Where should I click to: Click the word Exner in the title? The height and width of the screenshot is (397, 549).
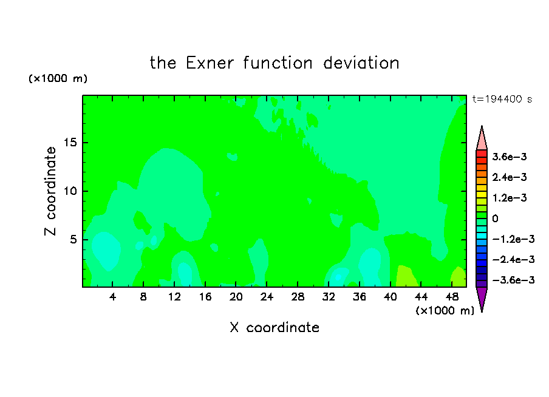click(x=210, y=63)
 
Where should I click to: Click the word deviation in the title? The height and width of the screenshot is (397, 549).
click(x=361, y=63)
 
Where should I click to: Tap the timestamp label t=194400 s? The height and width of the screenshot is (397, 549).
click(x=502, y=99)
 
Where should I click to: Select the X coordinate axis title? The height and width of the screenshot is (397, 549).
click(x=274, y=328)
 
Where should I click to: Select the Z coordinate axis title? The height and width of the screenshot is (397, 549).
click(x=50, y=191)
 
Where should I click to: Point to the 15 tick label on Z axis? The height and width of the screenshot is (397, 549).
click(x=70, y=143)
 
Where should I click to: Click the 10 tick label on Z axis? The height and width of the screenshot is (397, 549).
click(x=70, y=191)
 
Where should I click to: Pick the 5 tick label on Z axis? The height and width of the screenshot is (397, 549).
click(x=73, y=239)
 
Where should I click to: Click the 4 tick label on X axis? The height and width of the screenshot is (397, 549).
click(x=112, y=297)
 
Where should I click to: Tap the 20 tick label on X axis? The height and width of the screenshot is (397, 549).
click(x=236, y=297)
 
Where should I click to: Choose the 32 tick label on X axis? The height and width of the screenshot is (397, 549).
click(x=329, y=297)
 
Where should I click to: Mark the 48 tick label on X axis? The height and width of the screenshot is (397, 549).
click(x=452, y=297)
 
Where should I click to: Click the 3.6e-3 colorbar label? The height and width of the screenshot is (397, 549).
click(x=510, y=157)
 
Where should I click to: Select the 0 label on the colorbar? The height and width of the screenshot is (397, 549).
click(x=495, y=219)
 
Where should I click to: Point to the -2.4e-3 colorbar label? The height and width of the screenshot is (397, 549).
click(x=514, y=259)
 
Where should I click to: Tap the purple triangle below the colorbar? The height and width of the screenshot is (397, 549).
click(x=482, y=298)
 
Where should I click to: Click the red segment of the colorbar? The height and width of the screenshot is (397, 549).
click(x=482, y=154)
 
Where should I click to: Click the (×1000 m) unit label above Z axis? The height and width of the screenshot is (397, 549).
click(x=58, y=78)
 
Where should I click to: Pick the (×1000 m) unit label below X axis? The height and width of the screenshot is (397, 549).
click(x=445, y=311)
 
